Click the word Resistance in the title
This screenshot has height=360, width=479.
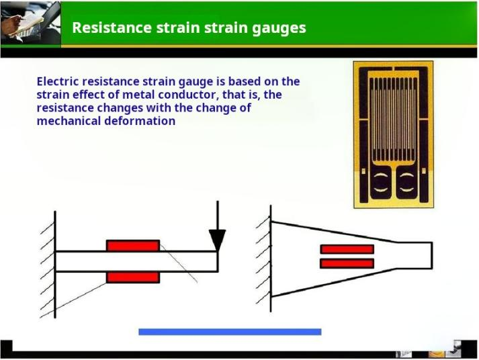[112, 28]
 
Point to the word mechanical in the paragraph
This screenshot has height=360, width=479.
[69, 121]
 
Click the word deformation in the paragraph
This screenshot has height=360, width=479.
[140, 121]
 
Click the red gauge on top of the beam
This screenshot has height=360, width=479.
[133, 246]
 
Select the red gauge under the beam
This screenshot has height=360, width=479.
[133, 277]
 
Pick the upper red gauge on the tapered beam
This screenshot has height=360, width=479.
[347, 249]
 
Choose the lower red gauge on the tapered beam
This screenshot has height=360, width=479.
[347, 263]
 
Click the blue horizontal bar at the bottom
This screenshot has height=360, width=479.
[230, 332]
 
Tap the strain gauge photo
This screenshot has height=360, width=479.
[393, 134]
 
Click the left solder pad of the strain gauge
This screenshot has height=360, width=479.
[381, 182]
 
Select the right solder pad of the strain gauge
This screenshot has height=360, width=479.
[406, 182]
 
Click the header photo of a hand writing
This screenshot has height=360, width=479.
[30, 24]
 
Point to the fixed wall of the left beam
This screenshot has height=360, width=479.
[55, 265]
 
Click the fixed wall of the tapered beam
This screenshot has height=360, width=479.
[271, 259]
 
